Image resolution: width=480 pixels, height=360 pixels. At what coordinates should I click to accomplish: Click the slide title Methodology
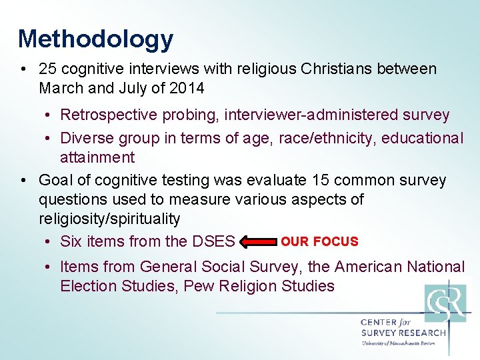(x=95, y=39)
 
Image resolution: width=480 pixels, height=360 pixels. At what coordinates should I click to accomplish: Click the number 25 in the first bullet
(x=48, y=69)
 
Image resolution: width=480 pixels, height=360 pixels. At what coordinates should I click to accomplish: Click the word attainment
(x=97, y=157)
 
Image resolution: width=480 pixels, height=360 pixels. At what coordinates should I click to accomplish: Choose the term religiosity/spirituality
(x=109, y=219)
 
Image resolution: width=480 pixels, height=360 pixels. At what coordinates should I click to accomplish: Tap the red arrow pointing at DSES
(x=257, y=241)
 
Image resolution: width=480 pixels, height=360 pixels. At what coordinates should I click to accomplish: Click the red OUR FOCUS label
(x=319, y=241)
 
